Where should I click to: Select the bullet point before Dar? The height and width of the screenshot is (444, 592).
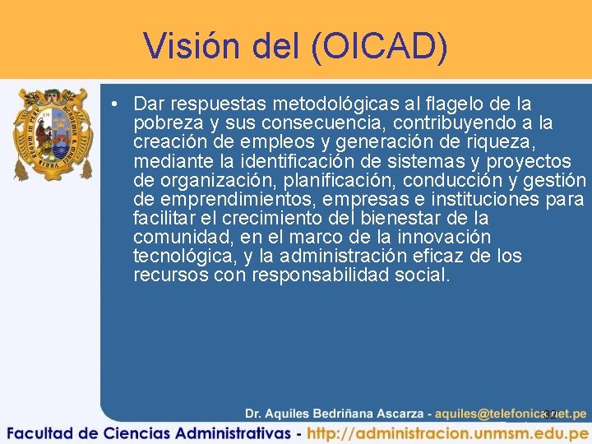119,104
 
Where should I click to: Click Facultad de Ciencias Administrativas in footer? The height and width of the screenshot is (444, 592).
147,432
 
